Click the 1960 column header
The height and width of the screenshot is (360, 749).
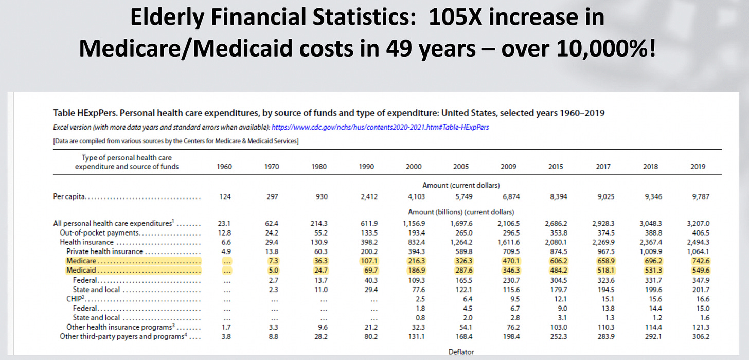[225, 167]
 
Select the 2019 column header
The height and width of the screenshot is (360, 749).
[698, 167]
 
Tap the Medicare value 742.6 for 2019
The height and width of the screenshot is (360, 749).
[698, 261]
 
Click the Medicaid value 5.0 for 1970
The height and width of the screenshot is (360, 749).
[273, 271]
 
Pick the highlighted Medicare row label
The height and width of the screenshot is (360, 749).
[77, 261]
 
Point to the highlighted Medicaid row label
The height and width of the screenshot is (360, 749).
[77, 271]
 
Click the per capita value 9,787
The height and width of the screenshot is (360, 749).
[698, 196]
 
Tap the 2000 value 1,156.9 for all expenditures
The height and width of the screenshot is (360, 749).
[414, 223]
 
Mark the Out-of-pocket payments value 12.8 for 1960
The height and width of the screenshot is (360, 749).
[225, 232]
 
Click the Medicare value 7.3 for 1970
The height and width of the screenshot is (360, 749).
[273, 261]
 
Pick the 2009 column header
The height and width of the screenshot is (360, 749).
[508, 167]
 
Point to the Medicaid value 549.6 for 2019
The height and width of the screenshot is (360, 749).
[698, 271]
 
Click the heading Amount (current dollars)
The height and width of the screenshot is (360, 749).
[461, 185]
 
